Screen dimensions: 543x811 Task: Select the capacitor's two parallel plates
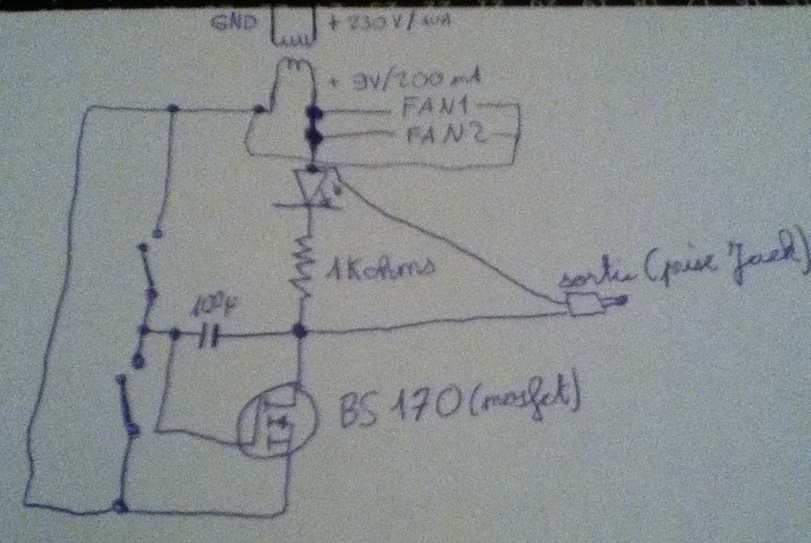[209, 339]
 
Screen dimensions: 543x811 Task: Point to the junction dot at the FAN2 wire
[314, 135]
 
